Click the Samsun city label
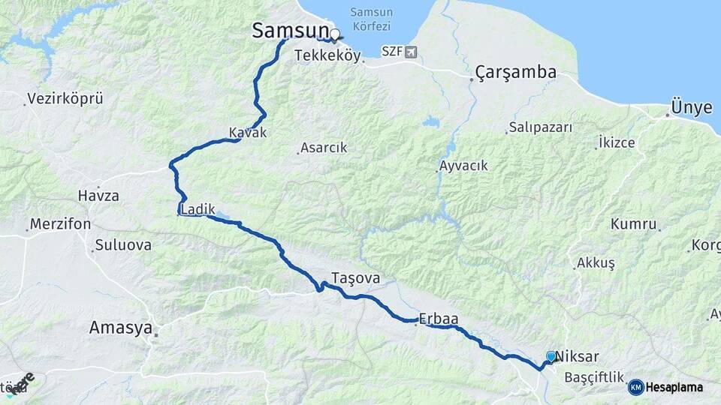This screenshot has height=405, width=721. [290, 31]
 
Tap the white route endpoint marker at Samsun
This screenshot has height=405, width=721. [334, 34]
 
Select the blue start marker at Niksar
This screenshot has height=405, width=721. [551, 357]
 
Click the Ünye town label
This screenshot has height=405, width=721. [691, 108]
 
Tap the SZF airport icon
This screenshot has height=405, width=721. [410, 52]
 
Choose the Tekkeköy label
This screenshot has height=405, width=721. [328, 55]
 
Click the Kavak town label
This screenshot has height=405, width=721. [248, 133]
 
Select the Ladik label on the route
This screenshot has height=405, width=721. [198, 211]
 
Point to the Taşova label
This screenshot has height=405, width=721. [355, 278]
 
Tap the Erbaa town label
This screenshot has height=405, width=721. [439, 319]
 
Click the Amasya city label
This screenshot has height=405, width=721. [120, 328]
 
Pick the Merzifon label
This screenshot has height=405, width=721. [60, 224]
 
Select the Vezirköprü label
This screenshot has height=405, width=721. [65, 98]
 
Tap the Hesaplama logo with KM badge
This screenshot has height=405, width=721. [665, 387]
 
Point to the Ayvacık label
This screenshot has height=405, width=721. [463, 166]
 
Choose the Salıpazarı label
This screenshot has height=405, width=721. [540, 127]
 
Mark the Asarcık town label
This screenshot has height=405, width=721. [323, 148]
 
